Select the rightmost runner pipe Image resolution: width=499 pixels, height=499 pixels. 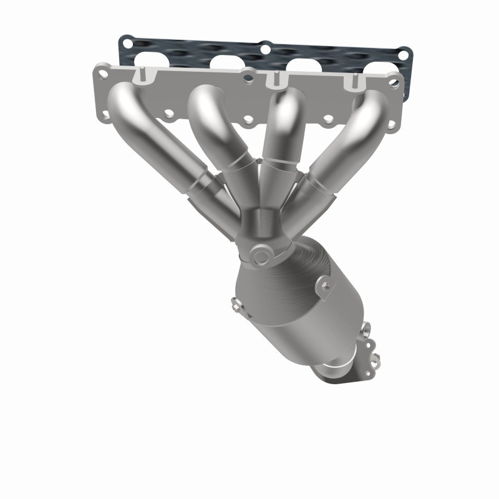point(349,137)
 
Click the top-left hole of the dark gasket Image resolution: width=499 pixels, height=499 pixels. point(128,42)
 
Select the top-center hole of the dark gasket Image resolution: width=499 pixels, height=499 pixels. point(265,47)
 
